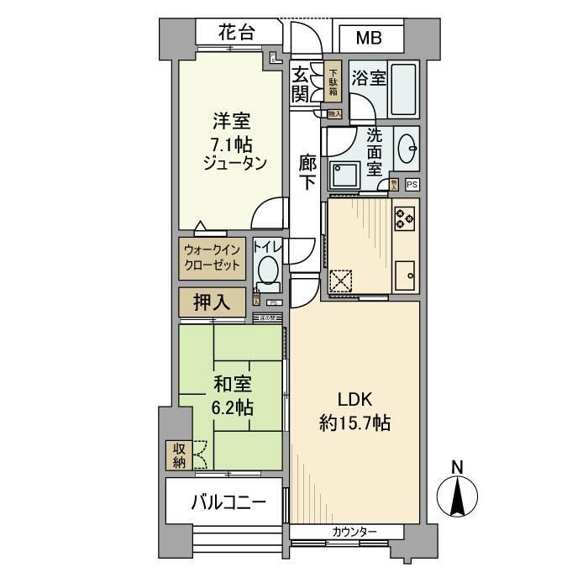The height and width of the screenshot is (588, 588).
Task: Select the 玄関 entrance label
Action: point(300,85)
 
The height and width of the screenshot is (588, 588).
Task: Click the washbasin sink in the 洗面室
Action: point(407,150)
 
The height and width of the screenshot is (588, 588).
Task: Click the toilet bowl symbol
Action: point(268,270)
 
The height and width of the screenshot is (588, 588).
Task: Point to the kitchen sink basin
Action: point(405,275)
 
